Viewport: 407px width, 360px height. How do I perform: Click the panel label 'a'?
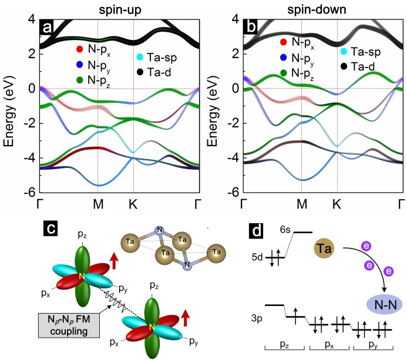pyautogui.click(x=45, y=27)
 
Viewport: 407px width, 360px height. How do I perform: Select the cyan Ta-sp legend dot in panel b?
pyautogui.click(x=342, y=51)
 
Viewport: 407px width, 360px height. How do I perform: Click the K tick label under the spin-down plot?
pyautogui.click(x=337, y=204)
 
